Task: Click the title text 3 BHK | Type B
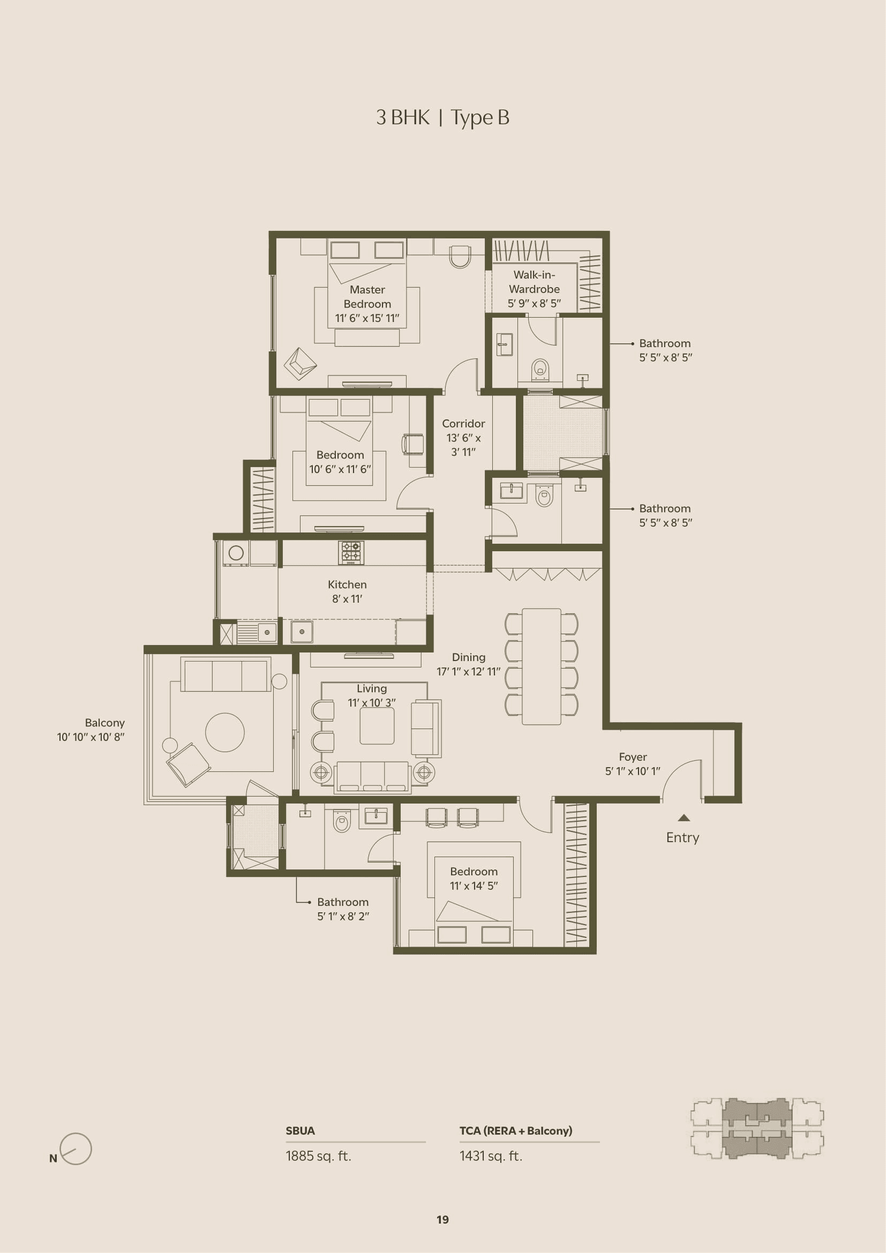(x=442, y=118)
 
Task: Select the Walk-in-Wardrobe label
(x=534, y=289)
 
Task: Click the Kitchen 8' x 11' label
(x=347, y=591)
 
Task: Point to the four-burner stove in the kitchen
(x=351, y=552)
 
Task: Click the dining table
(x=541, y=666)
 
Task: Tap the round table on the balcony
(x=225, y=732)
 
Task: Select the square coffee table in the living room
(x=377, y=726)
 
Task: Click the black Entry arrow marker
(x=684, y=817)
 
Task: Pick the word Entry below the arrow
(x=682, y=837)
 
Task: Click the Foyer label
(x=632, y=763)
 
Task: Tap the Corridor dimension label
(x=463, y=438)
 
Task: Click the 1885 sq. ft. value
(x=318, y=1156)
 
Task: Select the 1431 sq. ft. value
(x=491, y=1156)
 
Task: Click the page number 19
(x=442, y=1219)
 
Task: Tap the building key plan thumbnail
(x=757, y=1129)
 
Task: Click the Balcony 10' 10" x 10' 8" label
(x=91, y=730)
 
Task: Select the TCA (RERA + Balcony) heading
(x=515, y=1130)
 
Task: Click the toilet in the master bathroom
(x=540, y=370)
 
